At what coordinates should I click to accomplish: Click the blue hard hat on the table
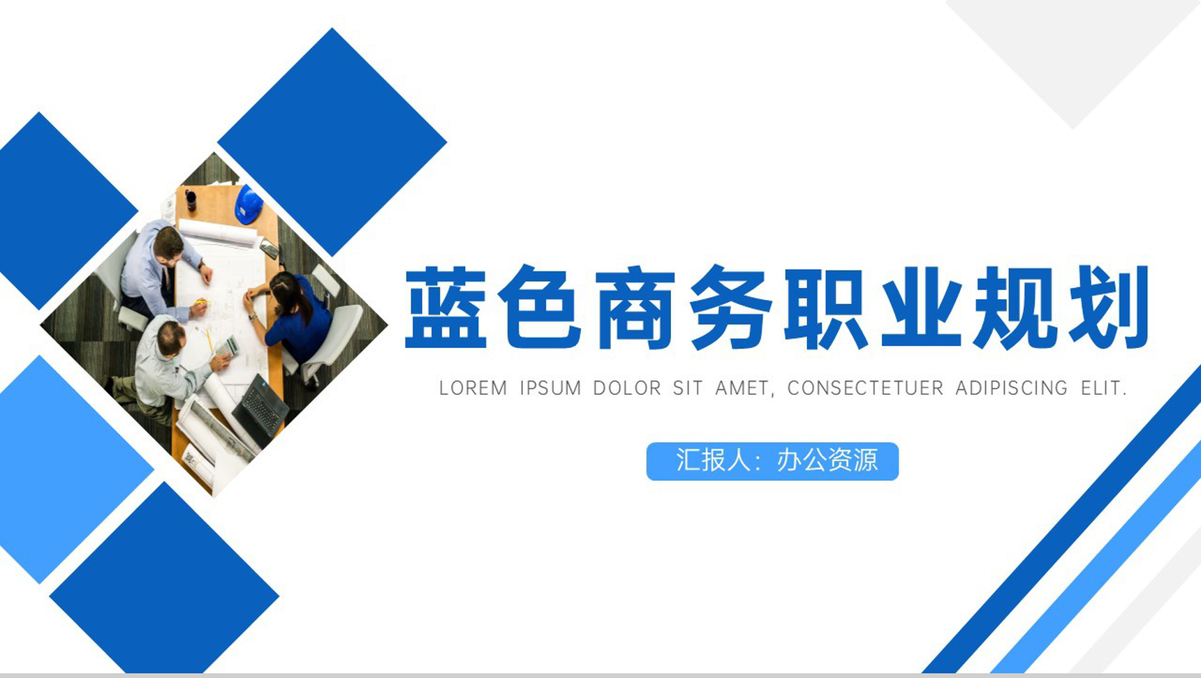[x=249, y=204]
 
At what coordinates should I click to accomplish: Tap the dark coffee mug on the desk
[x=191, y=200]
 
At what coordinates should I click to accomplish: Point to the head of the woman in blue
[x=285, y=289]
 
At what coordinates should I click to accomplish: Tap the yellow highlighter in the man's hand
[x=201, y=302]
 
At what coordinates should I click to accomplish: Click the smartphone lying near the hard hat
[x=269, y=248]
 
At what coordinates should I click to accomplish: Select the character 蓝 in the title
[x=446, y=308]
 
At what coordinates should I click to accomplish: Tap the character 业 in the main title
[x=922, y=308]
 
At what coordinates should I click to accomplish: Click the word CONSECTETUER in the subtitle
[x=865, y=388]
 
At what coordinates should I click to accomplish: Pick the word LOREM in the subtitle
[x=473, y=388]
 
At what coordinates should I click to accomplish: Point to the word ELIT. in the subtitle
[x=1104, y=388]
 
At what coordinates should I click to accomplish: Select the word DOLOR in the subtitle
[x=626, y=388]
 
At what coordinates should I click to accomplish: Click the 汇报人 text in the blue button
[x=713, y=460]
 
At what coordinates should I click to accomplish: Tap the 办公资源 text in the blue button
[x=827, y=460]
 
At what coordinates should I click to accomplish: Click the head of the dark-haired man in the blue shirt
[x=168, y=243]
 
